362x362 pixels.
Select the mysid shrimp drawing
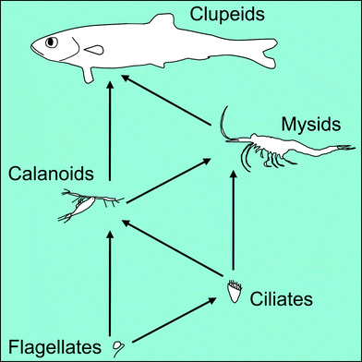coord(277,147)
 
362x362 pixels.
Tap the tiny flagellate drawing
coord(116,346)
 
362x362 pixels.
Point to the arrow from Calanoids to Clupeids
coord(110,129)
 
